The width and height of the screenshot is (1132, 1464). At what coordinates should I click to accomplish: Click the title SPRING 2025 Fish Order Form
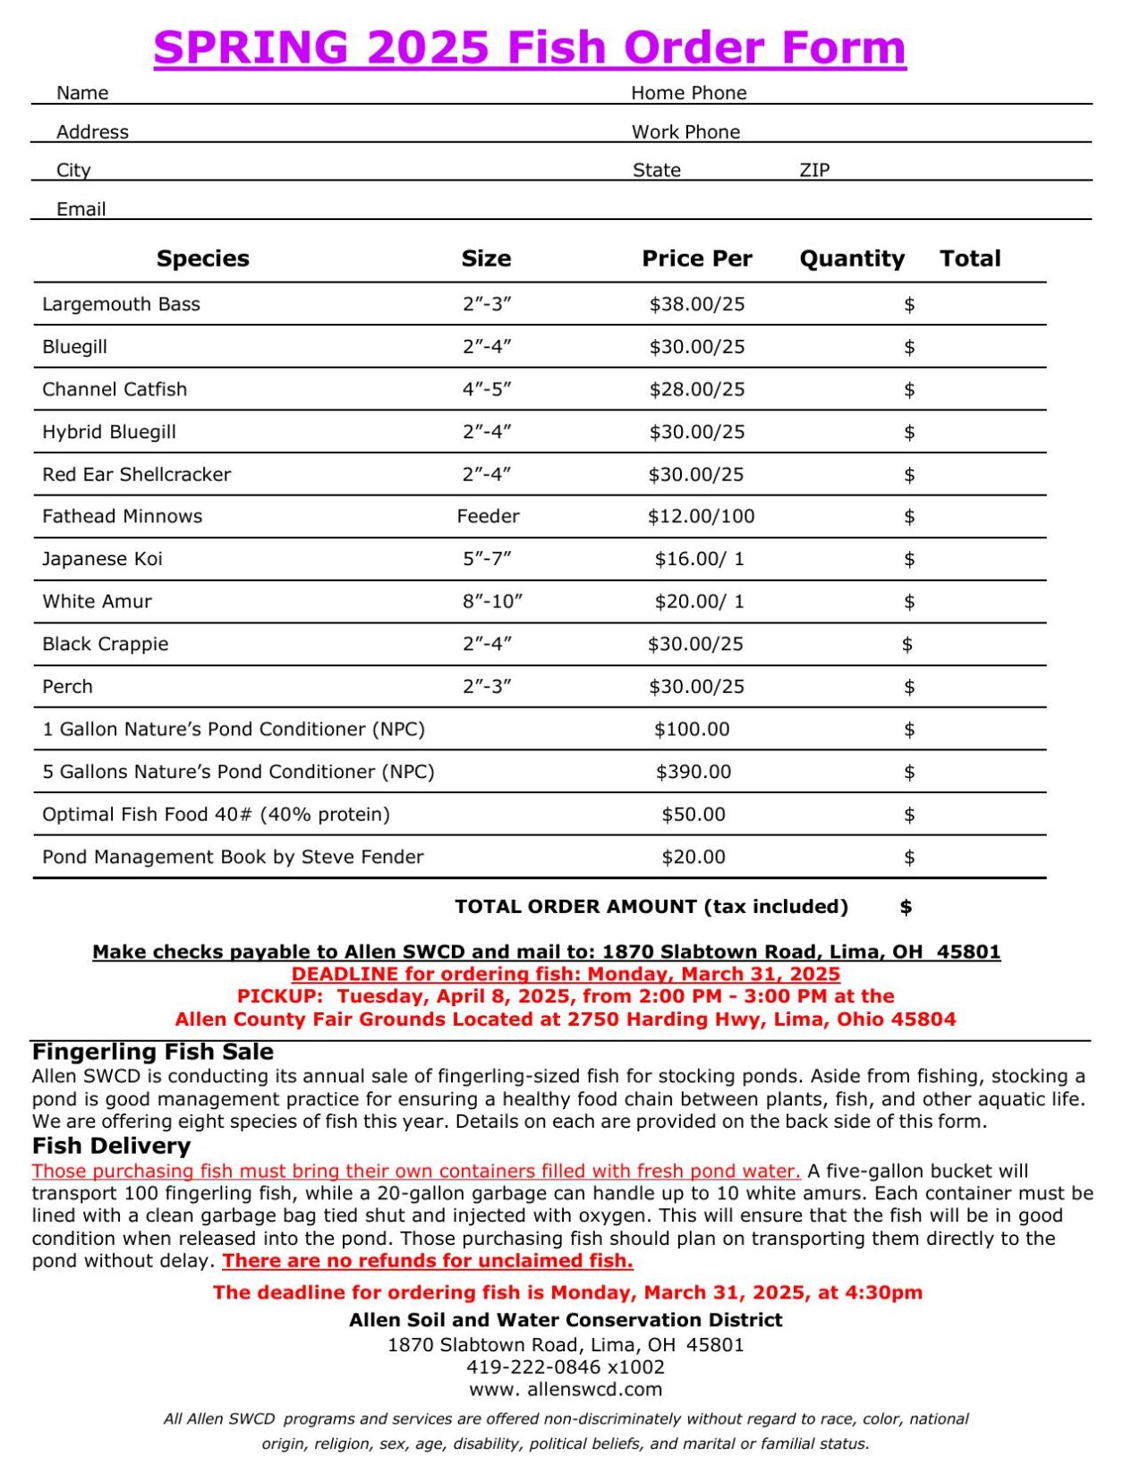529,47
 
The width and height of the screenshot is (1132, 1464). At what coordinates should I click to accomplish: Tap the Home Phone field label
688,93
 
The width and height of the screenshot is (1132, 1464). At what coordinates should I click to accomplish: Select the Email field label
81,209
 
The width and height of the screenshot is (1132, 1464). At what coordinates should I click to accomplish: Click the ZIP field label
813,170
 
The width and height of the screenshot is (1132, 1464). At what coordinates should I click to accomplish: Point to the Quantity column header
851,258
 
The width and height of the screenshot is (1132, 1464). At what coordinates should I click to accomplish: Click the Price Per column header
696,258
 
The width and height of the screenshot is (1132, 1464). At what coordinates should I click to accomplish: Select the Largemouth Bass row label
121,304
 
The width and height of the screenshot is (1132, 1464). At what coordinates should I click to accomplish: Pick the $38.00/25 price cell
696,304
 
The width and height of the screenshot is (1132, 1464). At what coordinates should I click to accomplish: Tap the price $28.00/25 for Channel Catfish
696,389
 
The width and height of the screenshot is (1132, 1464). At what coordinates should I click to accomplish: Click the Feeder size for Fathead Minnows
488,516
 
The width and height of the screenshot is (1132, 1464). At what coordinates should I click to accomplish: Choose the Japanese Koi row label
102,559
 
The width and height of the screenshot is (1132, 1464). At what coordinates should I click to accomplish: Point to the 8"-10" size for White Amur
492,601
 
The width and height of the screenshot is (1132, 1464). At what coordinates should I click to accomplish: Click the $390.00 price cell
693,772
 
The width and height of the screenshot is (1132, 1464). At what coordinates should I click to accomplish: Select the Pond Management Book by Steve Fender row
233,857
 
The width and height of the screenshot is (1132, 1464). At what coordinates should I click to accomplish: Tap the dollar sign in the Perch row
908,687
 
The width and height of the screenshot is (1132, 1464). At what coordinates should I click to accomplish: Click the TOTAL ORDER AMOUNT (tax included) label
651,907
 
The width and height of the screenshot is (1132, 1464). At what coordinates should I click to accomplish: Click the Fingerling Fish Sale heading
152,1052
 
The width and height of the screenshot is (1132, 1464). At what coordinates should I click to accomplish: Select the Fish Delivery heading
111,1146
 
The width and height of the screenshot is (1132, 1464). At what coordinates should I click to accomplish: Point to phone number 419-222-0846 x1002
565,1367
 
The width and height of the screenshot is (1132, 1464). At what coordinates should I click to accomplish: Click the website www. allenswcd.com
565,1389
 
